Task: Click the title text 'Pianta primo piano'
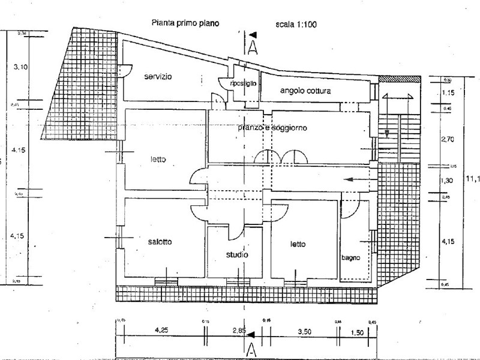click(x=185, y=24)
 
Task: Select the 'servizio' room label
click(x=158, y=77)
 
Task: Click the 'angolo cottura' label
click(x=306, y=91)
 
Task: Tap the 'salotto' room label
click(x=160, y=242)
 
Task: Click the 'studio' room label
click(x=237, y=255)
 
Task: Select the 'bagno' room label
click(x=351, y=258)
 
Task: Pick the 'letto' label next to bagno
click(x=298, y=244)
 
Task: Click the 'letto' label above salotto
click(x=158, y=160)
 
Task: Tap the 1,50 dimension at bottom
click(x=358, y=331)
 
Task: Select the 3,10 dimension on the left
click(x=20, y=67)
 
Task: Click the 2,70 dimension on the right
click(x=448, y=140)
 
